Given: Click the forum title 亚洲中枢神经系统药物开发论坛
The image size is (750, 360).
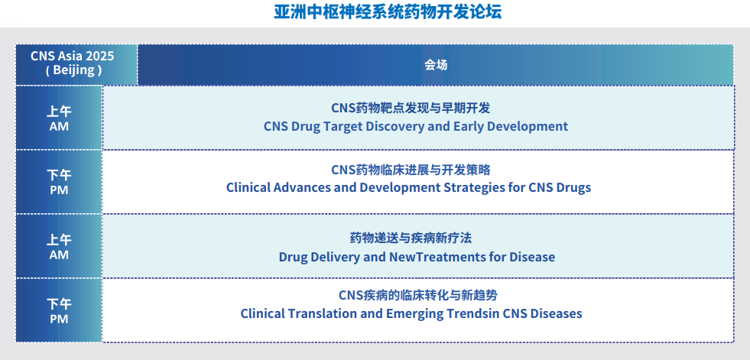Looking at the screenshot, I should (x=388, y=13).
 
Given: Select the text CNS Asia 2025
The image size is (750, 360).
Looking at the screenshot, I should (x=73, y=56).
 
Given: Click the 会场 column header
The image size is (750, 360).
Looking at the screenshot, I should (x=436, y=65).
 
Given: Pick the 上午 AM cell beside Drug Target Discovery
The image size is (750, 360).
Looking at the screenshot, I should (x=59, y=118).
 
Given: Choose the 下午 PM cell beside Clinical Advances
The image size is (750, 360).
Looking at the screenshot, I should (x=59, y=182).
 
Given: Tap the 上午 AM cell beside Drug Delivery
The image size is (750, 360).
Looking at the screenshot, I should (x=59, y=246).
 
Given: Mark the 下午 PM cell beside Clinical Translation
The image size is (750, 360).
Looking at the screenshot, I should (x=59, y=310).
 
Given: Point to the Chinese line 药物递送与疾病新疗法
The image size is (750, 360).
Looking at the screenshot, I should (x=417, y=238).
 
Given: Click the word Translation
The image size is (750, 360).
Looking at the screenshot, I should (x=330, y=313).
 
